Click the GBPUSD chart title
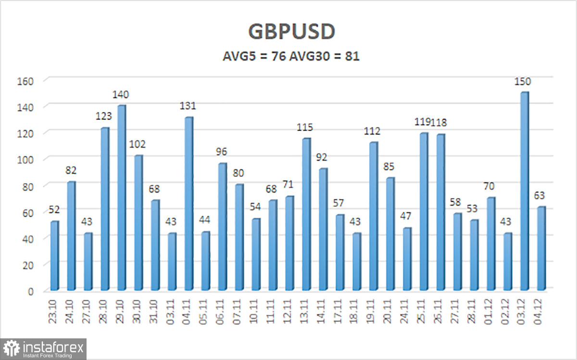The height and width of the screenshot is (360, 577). tap(291, 32)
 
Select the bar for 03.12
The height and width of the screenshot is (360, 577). tap(525, 191)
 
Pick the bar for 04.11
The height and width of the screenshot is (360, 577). tap(188, 204)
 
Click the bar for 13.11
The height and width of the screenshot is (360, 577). tap(306, 214)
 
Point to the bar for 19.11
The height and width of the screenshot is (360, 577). tap(373, 216)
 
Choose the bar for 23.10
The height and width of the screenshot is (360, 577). tap(54, 256)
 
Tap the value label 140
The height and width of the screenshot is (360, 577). tap(121, 95)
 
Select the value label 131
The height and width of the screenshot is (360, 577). tap(188, 106)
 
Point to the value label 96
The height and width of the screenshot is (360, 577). tap(222, 152)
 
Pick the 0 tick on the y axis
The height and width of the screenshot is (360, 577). tap(30, 291)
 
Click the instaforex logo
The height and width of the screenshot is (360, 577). tap(44, 348)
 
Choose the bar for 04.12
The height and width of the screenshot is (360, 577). tap(541, 248)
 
